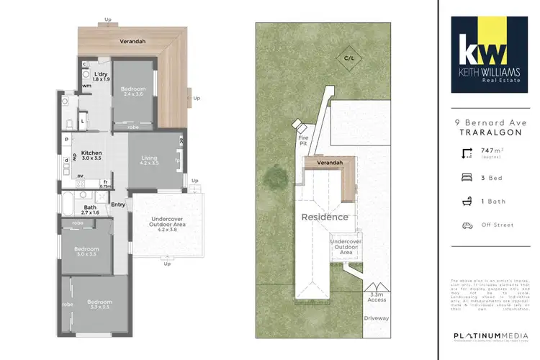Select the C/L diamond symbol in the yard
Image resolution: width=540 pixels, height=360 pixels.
tap(348, 57)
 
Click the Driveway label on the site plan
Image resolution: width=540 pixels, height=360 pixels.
tap(376, 318)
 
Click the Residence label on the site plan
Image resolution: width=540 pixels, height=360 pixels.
tap(324, 217)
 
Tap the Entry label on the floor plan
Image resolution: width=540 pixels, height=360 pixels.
tap(119, 204)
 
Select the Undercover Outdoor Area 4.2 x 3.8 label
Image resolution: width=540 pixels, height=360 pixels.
tap(166, 225)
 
